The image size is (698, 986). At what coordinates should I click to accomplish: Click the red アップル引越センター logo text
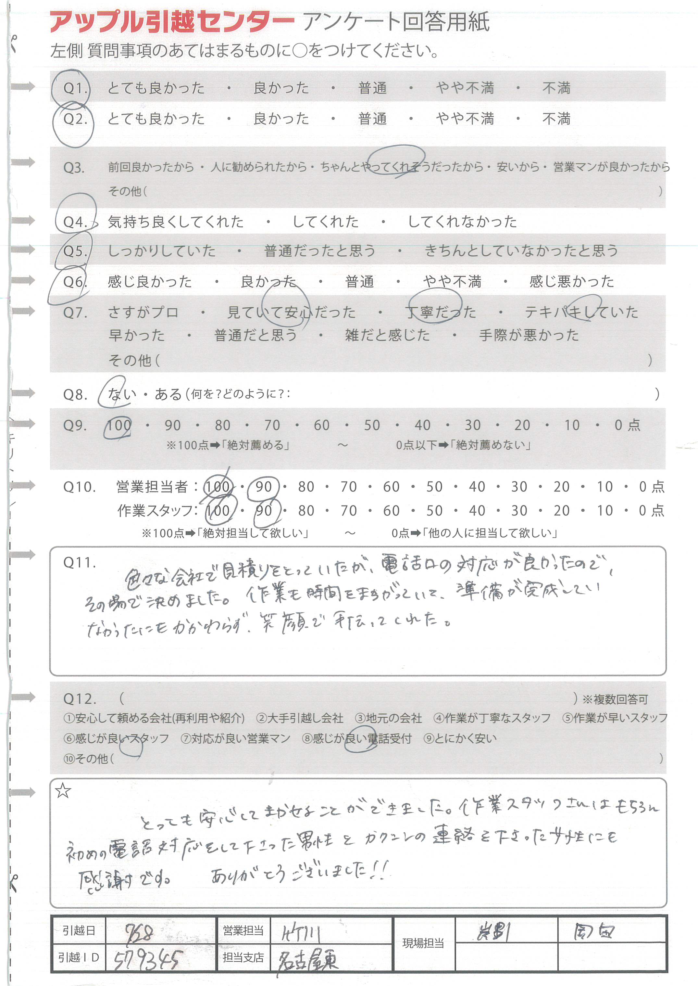172,22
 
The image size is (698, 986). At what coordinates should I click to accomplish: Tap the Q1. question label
75,88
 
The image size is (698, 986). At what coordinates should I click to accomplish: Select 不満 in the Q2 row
556,119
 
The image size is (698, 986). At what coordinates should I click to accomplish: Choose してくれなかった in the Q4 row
462,222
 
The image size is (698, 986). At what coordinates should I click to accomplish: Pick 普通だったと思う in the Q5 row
320,251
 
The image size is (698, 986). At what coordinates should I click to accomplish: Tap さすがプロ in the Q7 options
143,312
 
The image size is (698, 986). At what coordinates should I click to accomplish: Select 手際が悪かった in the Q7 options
529,335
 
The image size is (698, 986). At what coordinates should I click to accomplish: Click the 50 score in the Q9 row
372,425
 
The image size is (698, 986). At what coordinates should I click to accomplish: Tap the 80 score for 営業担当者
306,487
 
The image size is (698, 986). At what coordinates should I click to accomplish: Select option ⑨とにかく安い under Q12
460,738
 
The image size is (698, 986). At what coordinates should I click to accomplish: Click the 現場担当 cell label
423,943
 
